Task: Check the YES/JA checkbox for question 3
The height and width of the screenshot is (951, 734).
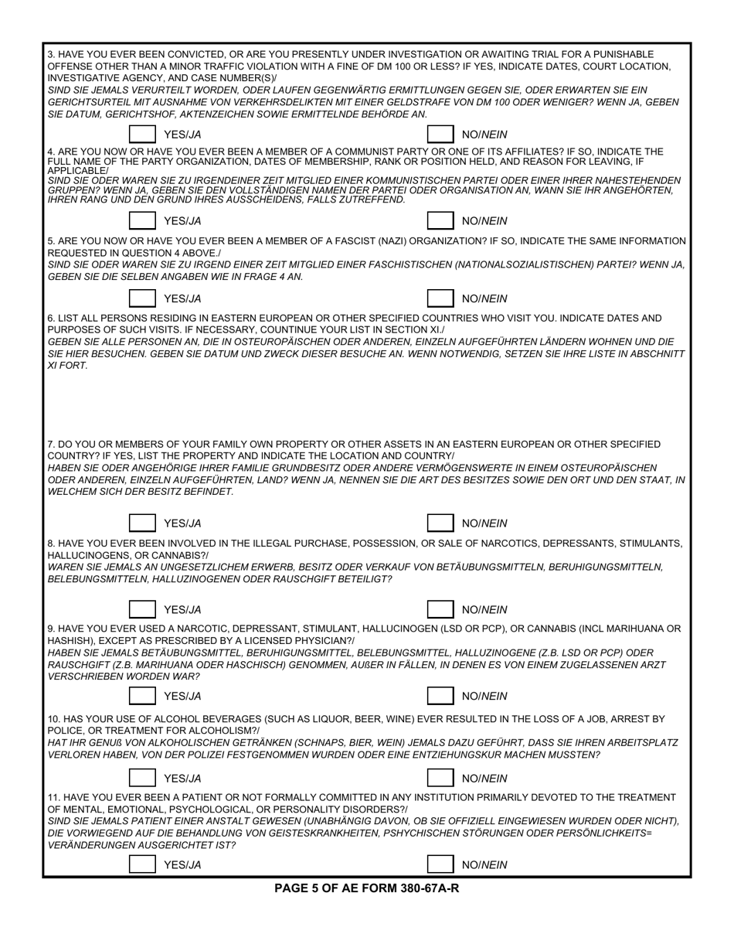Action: pyautogui.click(x=142, y=135)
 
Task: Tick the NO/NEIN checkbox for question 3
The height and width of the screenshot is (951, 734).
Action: pyautogui.click(x=440, y=135)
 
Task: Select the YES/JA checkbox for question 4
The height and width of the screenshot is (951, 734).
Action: pyautogui.click(x=142, y=221)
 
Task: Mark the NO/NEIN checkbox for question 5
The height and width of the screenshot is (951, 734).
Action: pyautogui.click(x=440, y=298)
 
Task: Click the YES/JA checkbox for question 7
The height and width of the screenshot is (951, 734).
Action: pyautogui.click(x=142, y=523)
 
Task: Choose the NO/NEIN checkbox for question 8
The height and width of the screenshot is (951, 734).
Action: pyautogui.click(x=440, y=610)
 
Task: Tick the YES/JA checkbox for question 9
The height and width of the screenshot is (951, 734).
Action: pyautogui.click(x=142, y=696)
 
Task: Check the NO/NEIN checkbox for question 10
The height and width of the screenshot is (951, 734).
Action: pyautogui.click(x=440, y=779)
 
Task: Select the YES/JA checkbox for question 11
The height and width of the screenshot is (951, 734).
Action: pyautogui.click(x=142, y=865)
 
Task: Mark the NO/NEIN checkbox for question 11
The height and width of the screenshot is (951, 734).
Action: pyautogui.click(x=440, y=865)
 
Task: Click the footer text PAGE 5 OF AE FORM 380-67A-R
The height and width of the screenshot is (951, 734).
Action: pyautogui.click(x=366, y=888)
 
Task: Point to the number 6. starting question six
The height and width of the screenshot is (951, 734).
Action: pyautogui.click(x=52, y=318)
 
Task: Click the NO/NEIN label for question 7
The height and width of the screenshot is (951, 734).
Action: pyautogui.click(x=484, y=523)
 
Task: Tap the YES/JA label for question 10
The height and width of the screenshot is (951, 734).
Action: pyautogui.click(x=182, y=779)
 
